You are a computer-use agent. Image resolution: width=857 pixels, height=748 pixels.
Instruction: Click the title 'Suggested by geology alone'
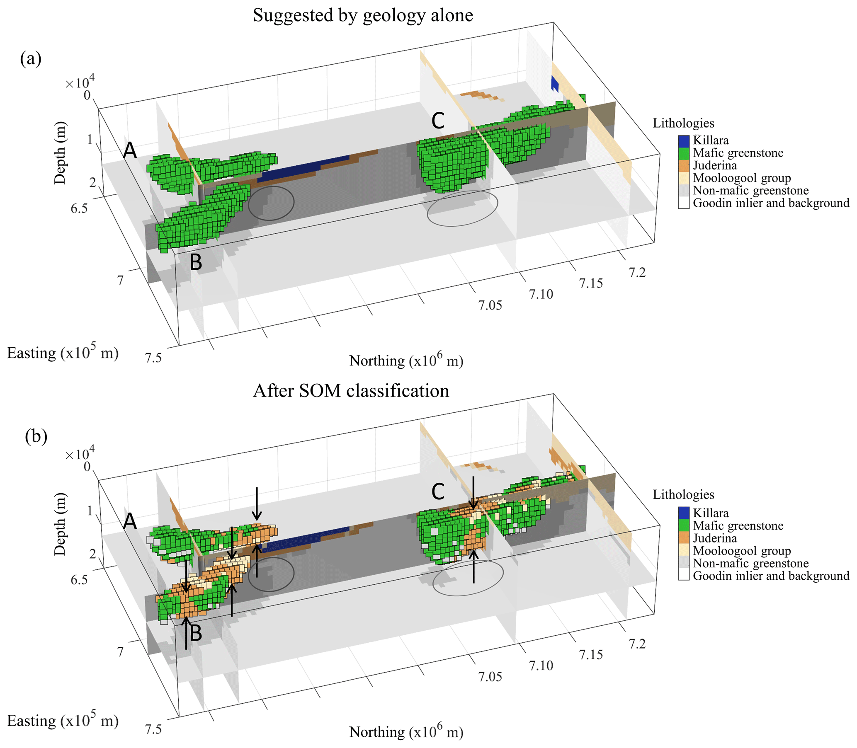[x=362, y=16]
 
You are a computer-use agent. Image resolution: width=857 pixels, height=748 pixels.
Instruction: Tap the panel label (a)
[x=31, y=59]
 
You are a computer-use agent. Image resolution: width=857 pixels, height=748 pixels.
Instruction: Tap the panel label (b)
[x=36, y=437]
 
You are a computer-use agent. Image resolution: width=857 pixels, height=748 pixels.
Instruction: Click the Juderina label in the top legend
[x=715, y=166]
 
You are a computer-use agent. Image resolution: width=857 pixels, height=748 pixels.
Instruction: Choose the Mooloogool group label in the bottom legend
[x=742, y=551]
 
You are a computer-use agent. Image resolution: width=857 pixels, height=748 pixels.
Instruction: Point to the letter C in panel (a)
[x=438, y=121]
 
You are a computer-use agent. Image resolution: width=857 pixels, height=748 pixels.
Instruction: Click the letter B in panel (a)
[x=196, y=262]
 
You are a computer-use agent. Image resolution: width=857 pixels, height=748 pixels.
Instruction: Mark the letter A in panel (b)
[x=130, y=522]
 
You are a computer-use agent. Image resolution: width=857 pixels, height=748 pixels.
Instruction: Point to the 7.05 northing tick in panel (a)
[x=490, y=305]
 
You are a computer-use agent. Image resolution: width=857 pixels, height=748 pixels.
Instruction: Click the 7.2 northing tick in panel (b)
[x=637, y=644]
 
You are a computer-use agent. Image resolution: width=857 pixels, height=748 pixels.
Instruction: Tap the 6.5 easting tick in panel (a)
[x=79, y=208]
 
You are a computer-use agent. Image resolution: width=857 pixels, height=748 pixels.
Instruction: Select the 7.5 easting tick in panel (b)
[x=153, y=729]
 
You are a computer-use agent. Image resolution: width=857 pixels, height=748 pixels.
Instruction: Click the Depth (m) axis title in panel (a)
[x=60, y=153]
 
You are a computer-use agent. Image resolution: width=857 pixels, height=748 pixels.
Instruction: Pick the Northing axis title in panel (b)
[x=406, y=732]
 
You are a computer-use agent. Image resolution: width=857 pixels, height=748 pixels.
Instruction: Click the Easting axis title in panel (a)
[x=63, y=353]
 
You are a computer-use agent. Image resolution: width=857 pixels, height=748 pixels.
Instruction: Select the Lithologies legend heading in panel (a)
[x=683, y=123]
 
